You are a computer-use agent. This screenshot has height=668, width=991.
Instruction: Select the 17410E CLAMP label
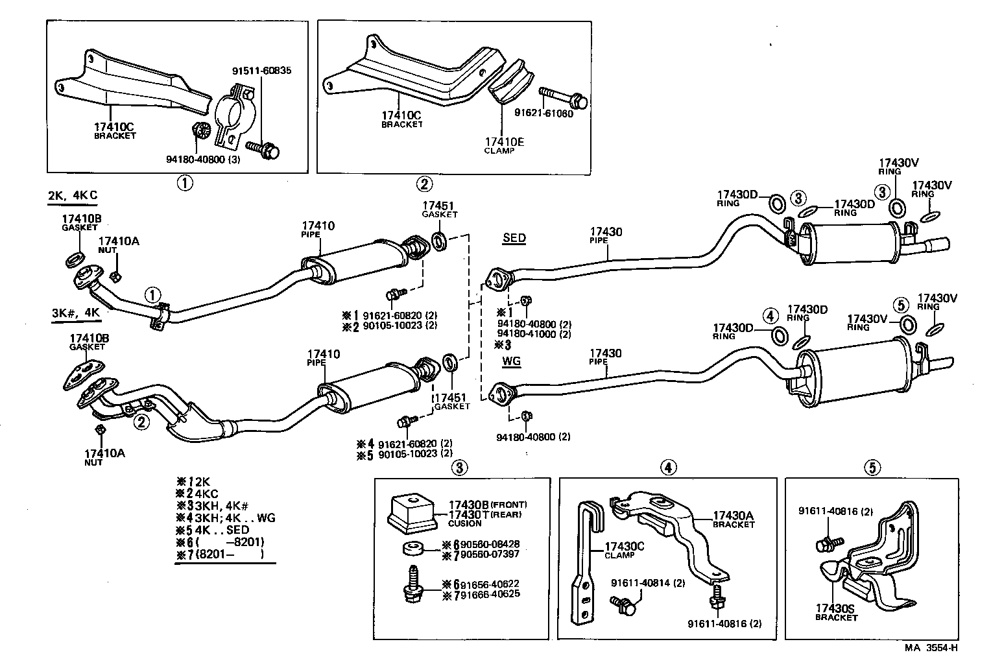pyautogui.click(x=499, y=145)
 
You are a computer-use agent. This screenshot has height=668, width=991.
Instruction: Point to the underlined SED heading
pyautogui.click(x=514, y=238)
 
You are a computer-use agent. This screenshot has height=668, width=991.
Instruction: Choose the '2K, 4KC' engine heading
pyautogui.click(x=73, y=195)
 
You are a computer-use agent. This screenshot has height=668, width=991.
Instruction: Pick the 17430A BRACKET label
pyautogui.click(x=734, y=519)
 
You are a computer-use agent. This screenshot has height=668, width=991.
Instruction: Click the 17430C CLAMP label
pyautogui.click(x=624, y=550)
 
